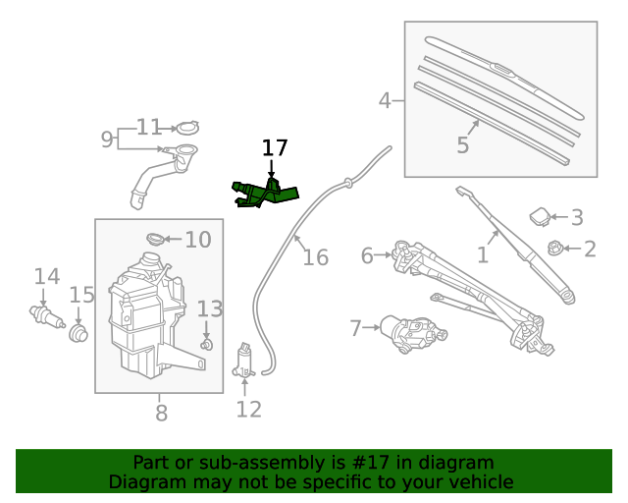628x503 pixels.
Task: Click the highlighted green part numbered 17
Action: [263, 193]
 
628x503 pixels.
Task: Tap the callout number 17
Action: [275, 148]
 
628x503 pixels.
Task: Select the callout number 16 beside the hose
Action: [315, 257]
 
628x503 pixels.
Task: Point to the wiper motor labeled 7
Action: [413, 333]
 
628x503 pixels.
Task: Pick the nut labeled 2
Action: [554, 250]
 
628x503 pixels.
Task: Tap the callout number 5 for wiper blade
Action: [462, 145]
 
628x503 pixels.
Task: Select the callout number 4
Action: [385, 100]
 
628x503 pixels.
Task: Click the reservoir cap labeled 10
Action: [155, 239]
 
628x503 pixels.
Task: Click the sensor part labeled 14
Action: [42, 315]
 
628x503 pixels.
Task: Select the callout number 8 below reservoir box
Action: [161, 411]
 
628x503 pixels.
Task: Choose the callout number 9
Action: [107, 139]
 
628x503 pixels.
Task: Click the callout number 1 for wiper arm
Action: [482, 255]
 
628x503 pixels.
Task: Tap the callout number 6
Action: [367, 255]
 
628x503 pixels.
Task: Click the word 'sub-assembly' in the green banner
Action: [252, 463]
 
